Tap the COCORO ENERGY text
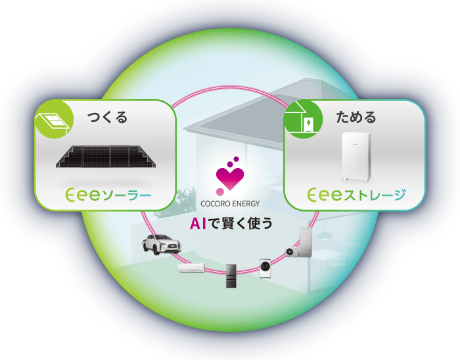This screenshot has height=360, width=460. pos(230,204)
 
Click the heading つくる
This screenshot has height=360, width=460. pos(107,118)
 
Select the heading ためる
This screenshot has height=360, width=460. pos(356,118)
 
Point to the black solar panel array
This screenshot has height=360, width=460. pos(106,157)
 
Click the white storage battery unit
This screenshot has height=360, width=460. pos(356,158)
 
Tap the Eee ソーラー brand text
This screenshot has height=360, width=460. pos(108,195)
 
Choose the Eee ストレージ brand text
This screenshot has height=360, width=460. pos(357,195)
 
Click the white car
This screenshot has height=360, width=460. pos(162,244)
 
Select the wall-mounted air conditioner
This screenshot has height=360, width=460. pos(192,267)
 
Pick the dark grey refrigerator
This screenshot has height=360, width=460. pos(231,276)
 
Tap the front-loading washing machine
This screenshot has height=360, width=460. pos(265,268)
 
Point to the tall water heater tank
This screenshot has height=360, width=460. pos(306,242)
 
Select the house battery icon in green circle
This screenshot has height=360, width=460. pos(303,119)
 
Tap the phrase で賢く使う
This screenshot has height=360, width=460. pos(238,223)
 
